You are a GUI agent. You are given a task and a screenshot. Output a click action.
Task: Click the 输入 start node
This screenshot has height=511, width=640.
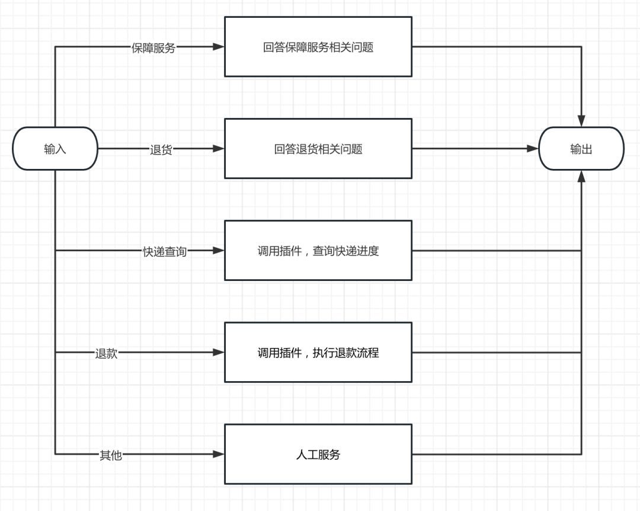coord(55,149)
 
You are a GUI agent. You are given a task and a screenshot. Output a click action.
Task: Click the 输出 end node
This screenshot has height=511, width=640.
coord(581,149)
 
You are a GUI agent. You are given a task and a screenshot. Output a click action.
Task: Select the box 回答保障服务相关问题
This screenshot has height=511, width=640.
coord(318,47)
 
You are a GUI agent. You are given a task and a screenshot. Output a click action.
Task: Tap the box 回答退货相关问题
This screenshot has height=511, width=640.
coord(318,149)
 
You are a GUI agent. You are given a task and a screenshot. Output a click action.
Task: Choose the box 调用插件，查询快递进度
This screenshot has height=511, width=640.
coord(318,251)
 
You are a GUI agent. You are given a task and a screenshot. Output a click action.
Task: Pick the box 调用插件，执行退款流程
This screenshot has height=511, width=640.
coord(318,353)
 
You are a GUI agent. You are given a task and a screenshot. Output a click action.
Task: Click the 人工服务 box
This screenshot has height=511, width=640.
coord(318,455)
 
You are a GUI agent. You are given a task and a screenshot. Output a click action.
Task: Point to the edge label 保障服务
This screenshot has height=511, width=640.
coord(153,48)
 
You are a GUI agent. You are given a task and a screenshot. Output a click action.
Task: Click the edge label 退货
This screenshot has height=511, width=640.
coord(161,150)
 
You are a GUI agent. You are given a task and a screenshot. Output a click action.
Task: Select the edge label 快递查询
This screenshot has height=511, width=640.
coord(165,251)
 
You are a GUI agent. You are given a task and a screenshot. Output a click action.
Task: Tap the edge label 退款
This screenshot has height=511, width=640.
coord(107,353)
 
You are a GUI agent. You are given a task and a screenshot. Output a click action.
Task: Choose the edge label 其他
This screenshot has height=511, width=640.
coord(111,455)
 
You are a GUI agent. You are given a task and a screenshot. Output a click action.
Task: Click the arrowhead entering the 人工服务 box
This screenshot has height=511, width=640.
coord(219,454)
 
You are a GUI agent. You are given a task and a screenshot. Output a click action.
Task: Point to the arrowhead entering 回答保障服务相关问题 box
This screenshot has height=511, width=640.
coord(219,47)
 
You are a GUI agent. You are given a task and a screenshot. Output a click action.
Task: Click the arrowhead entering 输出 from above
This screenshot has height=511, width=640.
coord(581,121)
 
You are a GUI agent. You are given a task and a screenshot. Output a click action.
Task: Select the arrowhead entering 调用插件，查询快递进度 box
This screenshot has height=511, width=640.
coord(219,251)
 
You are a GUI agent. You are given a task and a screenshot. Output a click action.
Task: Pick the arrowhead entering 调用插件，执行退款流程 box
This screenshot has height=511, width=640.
coord(219,352)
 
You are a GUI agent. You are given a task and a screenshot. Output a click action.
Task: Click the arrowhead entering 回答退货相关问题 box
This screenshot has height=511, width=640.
coord(219,149)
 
